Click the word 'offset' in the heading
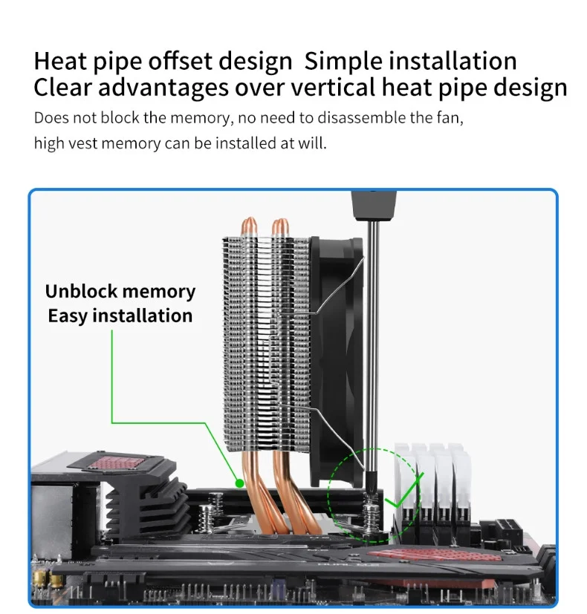pyautogui.click(x=181, y=61)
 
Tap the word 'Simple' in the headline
pyautogui.click(x=343, y=62)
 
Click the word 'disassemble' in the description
pyautogui.click(x=361, y=117)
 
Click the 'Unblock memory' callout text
pyautogui.click(x=120, y=291)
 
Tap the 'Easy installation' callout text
pyautogui.click(x=120, y=316)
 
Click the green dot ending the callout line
pyautogui.click(x=239, y=483)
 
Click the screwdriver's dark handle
pyautogui.click(x=374, y=205)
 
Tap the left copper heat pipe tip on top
pyautogui.click(x=249, y=226)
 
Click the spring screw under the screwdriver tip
pyautogui.click(x=371, y=513)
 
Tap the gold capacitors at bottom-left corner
pyautogui.click(x=43, y=581)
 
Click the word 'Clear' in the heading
pyautogui.click(x=62, y=87)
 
